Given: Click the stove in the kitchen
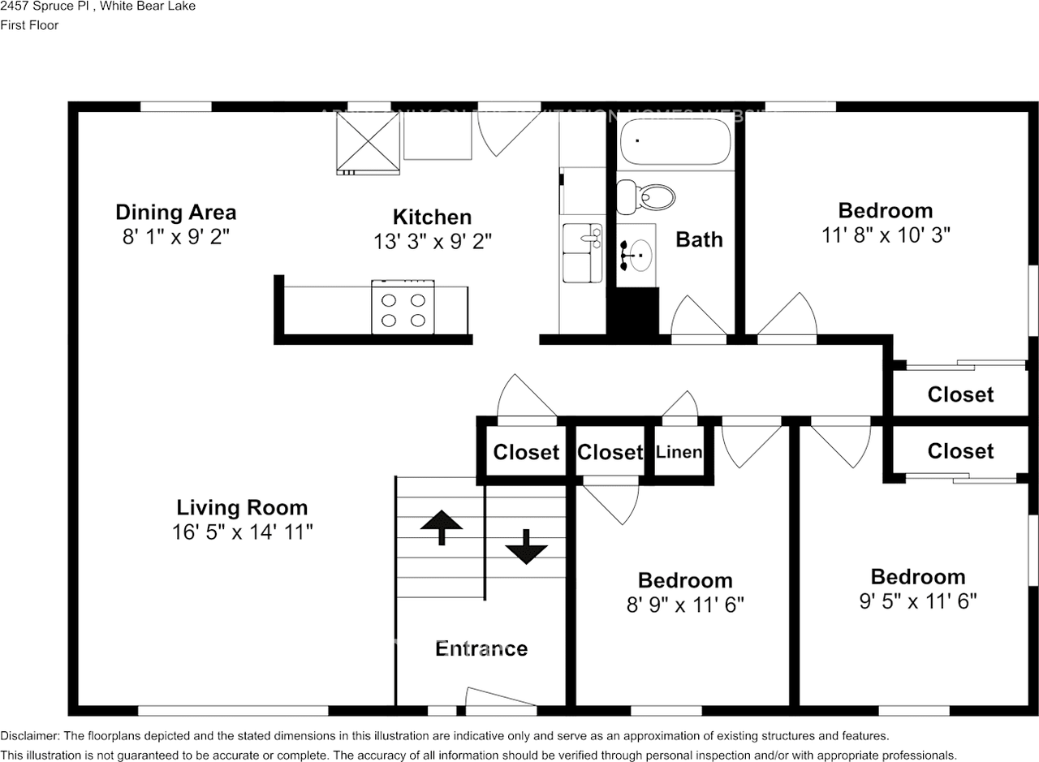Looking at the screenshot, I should [x=403, y=308].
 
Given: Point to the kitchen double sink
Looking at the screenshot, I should [x=583, y=253].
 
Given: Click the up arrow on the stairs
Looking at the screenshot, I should [x=441, y=527].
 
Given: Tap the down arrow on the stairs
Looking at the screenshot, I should [x=526, y=548].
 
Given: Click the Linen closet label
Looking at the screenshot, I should [x=679, y=452].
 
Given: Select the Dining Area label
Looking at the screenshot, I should [x=175, y=213].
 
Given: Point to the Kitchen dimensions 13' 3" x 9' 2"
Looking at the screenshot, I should [x=432, y=241].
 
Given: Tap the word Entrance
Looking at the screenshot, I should [x=481, y=648].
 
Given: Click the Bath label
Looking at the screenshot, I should [x=699, y=239].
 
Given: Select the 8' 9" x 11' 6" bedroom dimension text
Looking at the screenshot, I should [x=684, y=605].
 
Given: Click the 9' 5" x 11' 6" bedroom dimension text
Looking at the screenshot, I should [x=917, y=601].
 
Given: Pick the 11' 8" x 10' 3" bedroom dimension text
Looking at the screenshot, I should [x=885, y=235].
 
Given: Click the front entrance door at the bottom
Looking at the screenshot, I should [x=501, y=701].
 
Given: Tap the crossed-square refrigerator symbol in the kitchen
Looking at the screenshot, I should [x=369, y=140].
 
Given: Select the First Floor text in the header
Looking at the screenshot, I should [x=29, y=25].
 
